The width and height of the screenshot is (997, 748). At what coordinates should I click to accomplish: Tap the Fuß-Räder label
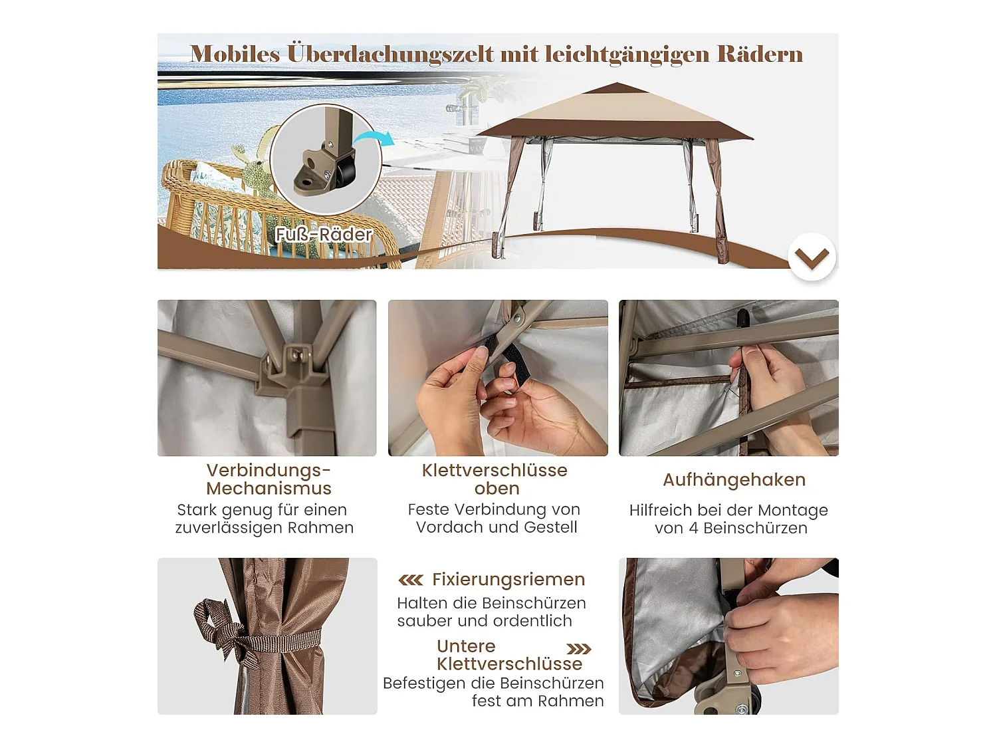pyautogui.click(x=324, y=235)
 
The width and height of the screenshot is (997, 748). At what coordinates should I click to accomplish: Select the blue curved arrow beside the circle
pyautogui.click(x=374, y=138)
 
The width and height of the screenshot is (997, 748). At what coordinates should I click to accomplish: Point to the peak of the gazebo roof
pyautogui.click(x=616, y=85)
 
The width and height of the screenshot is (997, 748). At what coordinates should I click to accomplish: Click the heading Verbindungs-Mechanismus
pyautogui.click(x=269, y=479)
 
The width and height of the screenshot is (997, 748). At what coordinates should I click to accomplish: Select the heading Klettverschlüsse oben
pyautogui.click(x=495, y=479)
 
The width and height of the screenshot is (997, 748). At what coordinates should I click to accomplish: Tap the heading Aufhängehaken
pyautogui.click(x=734, y=480)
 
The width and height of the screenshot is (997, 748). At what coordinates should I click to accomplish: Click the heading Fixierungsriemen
pyautogui.click(x=508, y=580)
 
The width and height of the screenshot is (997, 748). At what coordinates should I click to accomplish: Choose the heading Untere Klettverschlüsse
pyautogui.click(x=508, y=655)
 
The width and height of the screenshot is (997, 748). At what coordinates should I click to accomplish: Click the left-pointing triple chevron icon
pyautogui.click(x=411, y=580)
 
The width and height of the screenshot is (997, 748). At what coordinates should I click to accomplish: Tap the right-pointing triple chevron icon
pyautogui.click(x=578, y=649)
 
